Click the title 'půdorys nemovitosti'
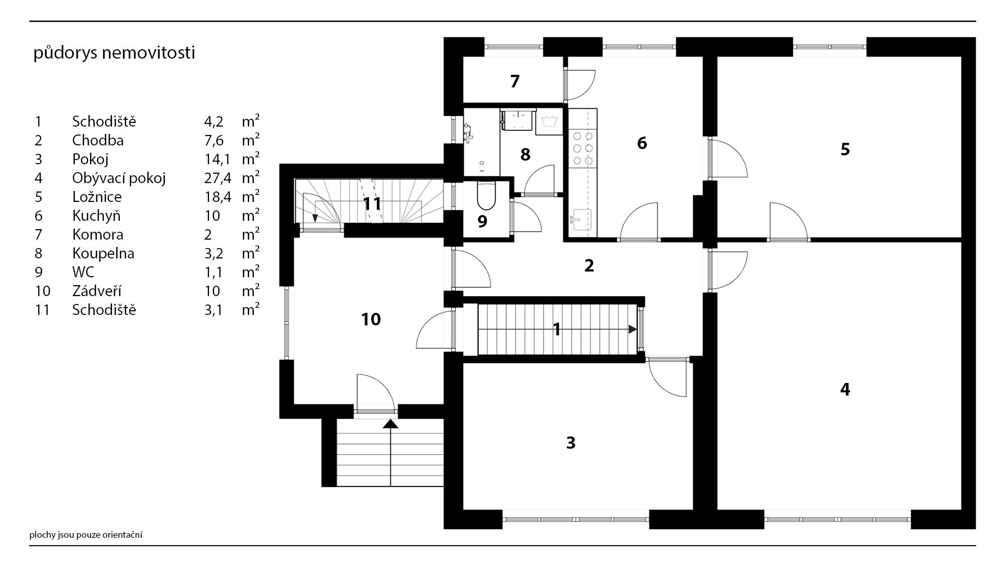coord(114,53)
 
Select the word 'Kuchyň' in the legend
coord(96,216)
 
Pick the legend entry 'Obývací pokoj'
coord(119,178)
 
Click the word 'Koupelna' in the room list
coord(103,253)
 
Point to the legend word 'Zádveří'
coord(97,291)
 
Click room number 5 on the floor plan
coord(845,150)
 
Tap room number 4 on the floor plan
coord(845,389)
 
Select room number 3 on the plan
coord(571,443)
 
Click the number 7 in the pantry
coord(515,81)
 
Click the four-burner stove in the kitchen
coord(583,148)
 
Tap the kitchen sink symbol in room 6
coord(581,219)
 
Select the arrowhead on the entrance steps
coord(390,424)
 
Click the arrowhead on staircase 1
coord(633,330)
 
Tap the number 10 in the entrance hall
coord(371,319)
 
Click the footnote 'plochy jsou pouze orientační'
coord(86,535)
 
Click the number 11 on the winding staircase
coord(372,203)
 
